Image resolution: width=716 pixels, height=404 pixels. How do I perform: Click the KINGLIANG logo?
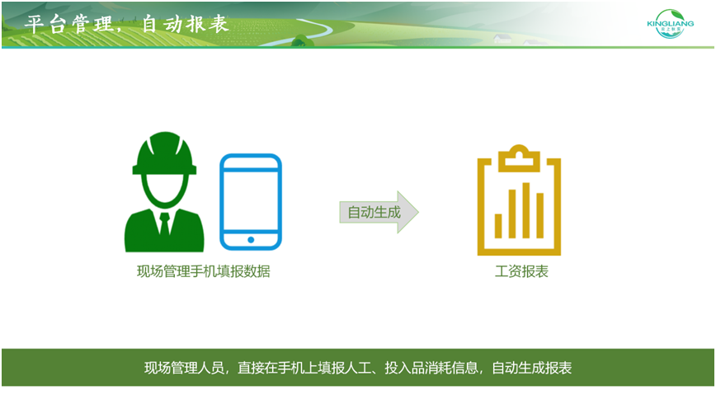[x=670, y=24]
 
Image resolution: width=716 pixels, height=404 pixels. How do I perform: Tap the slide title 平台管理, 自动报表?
[x=126, y=24]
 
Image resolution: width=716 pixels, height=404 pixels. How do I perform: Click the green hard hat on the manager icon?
[x=164, y=153]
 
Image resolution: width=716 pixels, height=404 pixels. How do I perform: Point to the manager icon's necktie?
[x=164, y=223]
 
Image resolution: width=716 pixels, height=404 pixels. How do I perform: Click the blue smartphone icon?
[x=251, y=202]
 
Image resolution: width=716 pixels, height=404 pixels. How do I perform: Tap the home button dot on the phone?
[x=251, y=240]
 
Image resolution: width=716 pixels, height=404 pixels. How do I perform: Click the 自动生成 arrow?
[x=379, y=212]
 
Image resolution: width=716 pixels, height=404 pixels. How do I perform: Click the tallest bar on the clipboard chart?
[x=526, y=210]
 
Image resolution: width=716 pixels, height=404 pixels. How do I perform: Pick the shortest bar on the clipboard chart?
[x=498, y=226]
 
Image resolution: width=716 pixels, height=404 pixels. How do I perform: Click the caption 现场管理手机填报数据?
[x=203, y=271]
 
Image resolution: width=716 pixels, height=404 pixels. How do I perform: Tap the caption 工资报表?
[x=521, y=271]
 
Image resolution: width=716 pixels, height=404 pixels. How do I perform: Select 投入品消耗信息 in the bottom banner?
[x=431, y=368]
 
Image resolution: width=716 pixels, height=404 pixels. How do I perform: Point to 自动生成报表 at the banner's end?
[x=531, y=368]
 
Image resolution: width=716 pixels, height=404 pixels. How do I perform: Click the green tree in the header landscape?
[x=302, y=40]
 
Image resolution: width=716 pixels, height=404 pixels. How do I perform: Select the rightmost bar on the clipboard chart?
[x=539, y=215]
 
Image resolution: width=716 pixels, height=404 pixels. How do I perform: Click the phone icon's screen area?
[x=251, y=200]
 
